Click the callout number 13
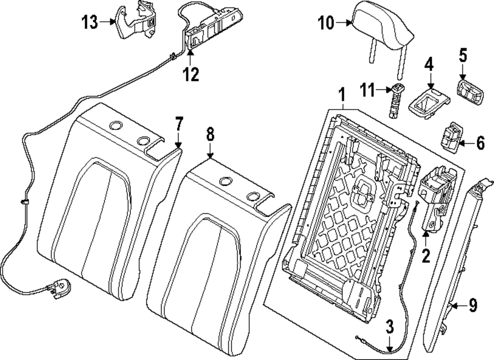(x=90, y=22)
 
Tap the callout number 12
(x=191, y=75)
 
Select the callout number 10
(x=326, y=23)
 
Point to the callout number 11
(x=368, y=90)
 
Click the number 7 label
(x=179, y=124)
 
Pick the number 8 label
(x=210, y=134)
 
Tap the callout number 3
(x=390, y=326)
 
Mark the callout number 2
(x=426, y=255)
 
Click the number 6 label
(x=480, y=144)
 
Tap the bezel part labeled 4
(x=429, y=103)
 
